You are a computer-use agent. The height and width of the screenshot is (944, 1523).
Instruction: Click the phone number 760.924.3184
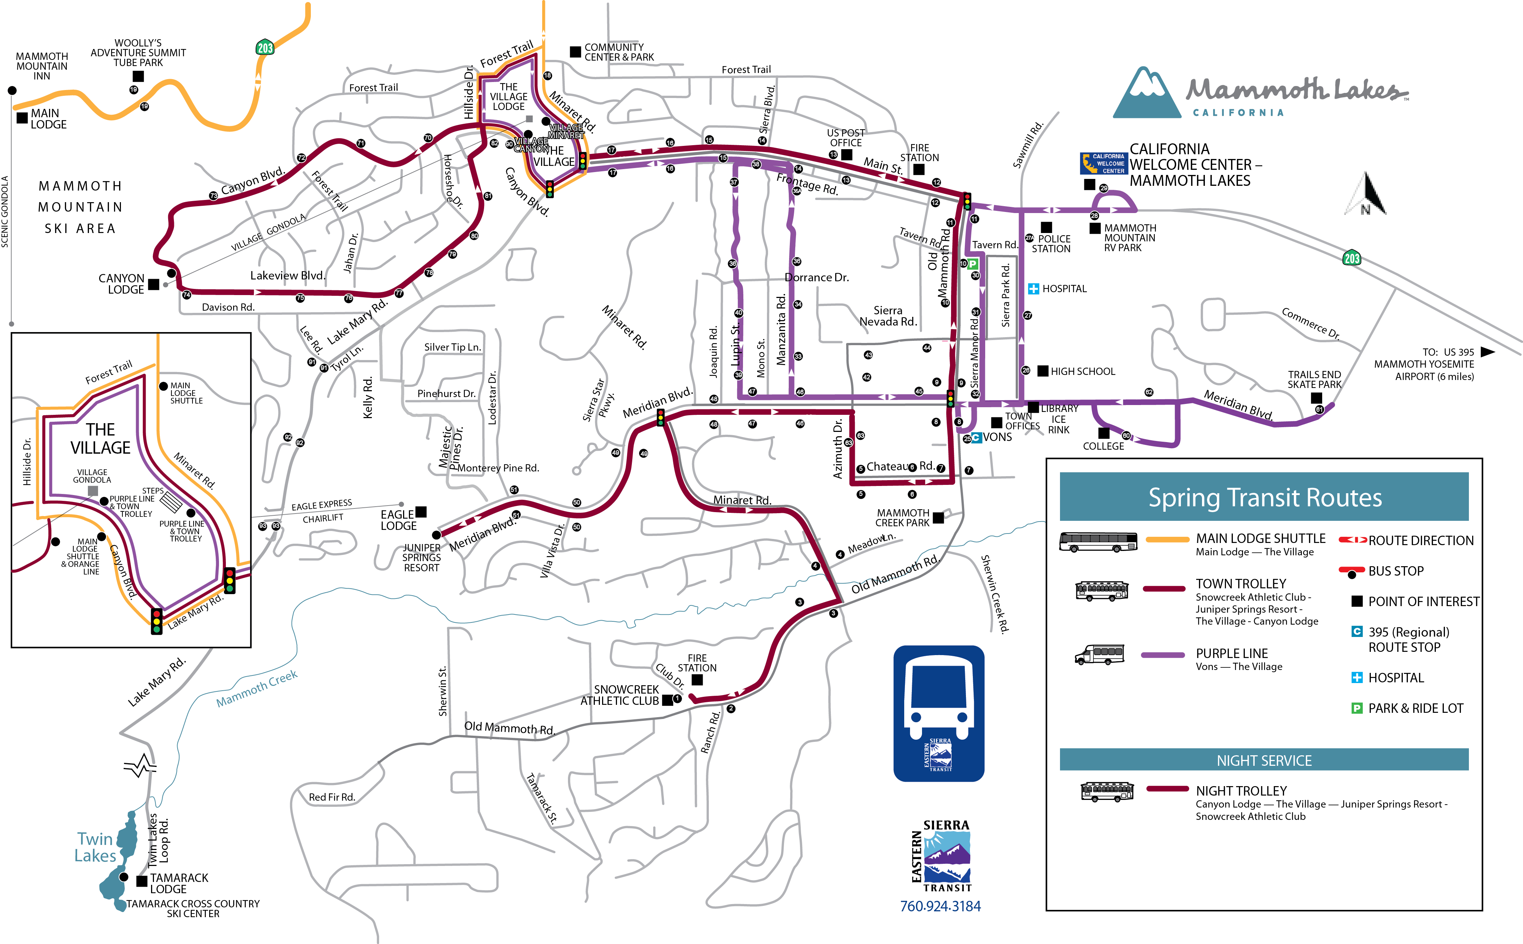[940, 906]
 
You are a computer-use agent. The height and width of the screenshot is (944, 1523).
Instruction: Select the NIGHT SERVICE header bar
[1264, 760]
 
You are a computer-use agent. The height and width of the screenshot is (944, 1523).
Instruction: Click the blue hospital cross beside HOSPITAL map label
[1033, 289]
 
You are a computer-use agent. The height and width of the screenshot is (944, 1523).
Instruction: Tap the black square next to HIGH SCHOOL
[1043, 371]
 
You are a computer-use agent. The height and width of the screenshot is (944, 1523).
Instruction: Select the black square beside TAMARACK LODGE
[142, 881]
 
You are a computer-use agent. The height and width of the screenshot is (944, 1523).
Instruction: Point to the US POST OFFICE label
[846, 137]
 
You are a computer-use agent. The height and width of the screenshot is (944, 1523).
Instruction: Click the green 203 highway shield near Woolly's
[265, 48]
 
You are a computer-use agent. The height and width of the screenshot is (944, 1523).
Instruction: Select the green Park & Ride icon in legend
[1356, 708]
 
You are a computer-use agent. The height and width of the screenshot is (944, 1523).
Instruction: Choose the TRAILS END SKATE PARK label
[1314, 379]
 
